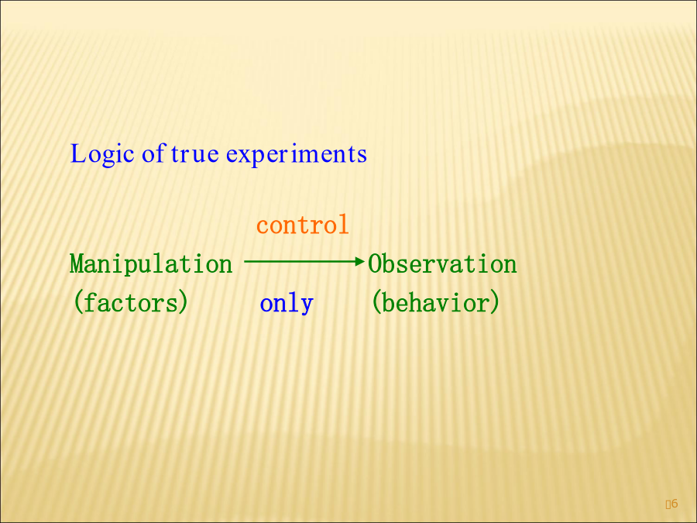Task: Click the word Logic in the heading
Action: (x=102, y=155)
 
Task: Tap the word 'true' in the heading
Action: (x=194, y=154)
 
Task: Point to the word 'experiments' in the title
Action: (x=297, y=155)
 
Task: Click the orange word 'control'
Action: (x=302, y=225)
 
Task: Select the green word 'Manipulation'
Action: (x=151, y=264)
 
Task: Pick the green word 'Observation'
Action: (x=442, y=264)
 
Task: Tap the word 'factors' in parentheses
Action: (x=131, y=302)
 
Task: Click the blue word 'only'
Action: (x=287, y=305)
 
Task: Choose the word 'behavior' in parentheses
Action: (x=435, y=302)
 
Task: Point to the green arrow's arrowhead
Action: (x=360, y=262)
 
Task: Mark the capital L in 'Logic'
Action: (x=77, y=154)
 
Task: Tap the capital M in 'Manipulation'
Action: (x=77, y=264)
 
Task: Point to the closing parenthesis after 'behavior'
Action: (x=494, y=302)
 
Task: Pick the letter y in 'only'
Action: (x=307, y=306)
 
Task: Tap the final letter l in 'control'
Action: (x=343, y=224)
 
